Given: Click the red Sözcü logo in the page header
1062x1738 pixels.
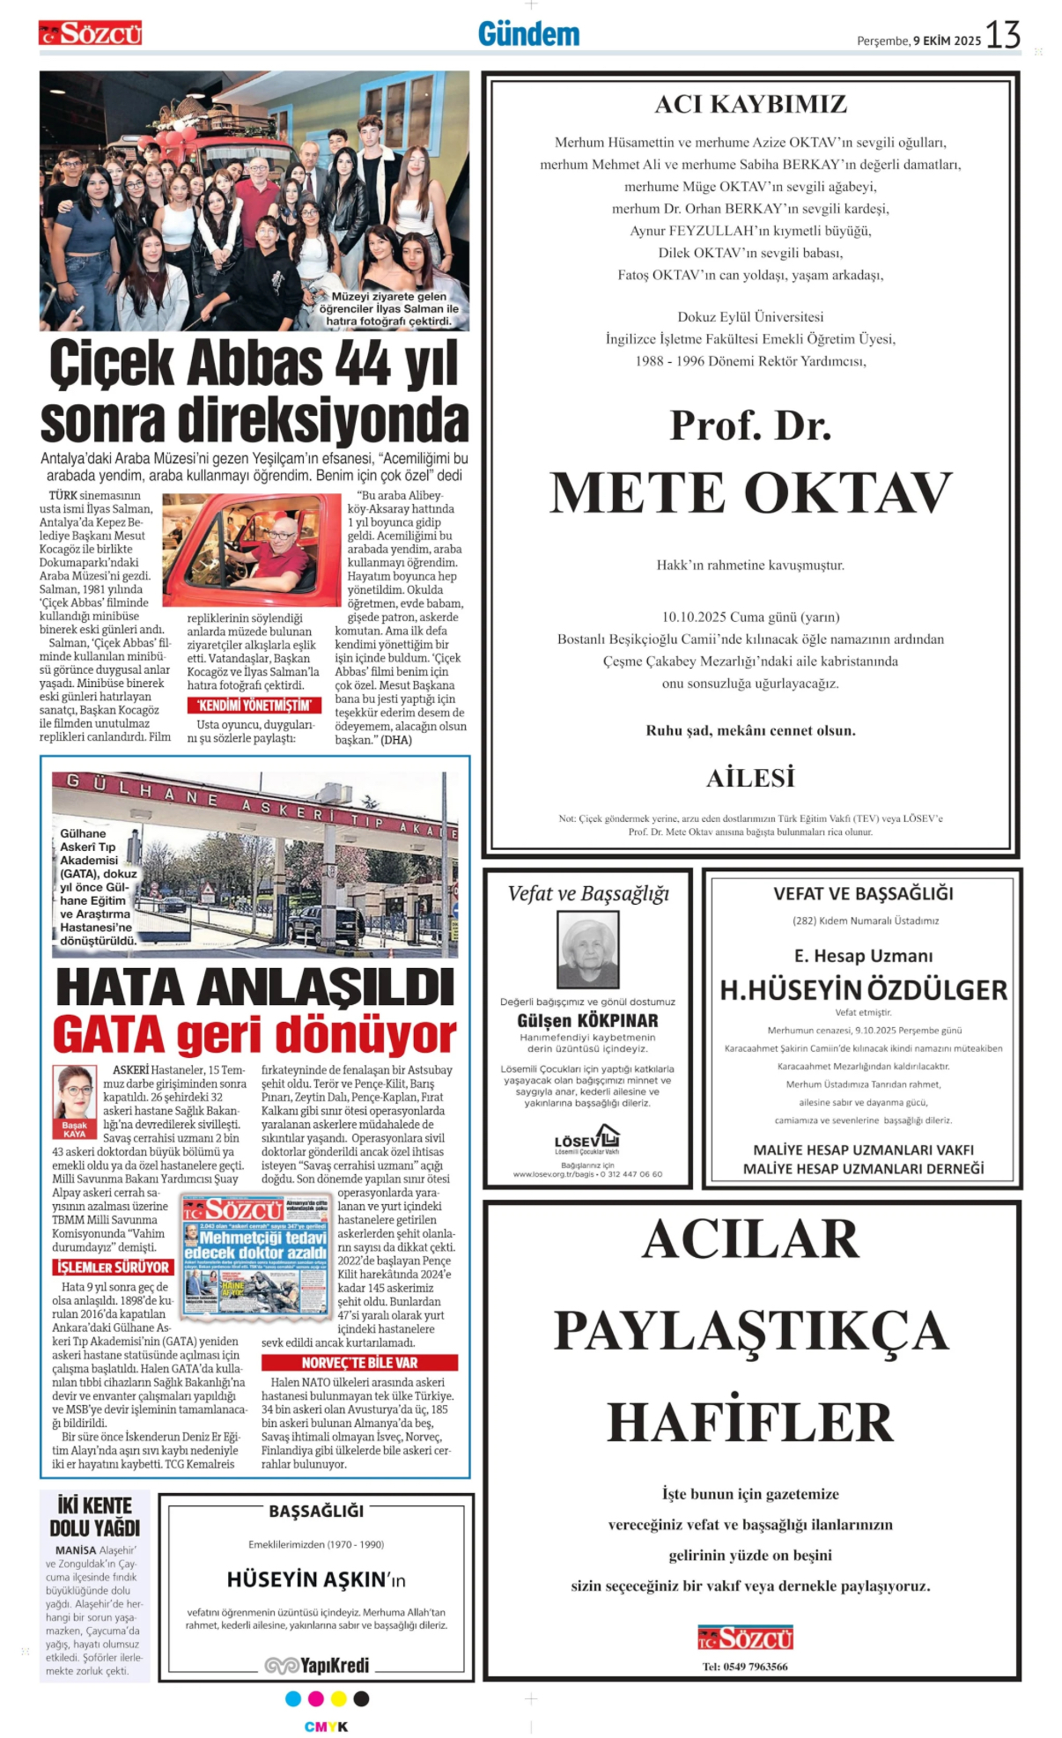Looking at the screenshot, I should pyautogui.click(x=90, y=34).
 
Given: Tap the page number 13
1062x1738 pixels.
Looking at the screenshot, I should pyautogui.click(x=1002, y=35).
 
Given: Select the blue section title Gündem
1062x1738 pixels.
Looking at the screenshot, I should pyautogui.click(x=528, y=34).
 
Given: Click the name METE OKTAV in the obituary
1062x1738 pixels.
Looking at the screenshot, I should pyautogui.click(x=750, y=492).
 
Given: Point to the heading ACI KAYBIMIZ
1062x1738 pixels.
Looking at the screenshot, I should pyautogui.click(x=750, y=105).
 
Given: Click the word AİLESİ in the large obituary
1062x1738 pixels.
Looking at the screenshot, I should pyautogui.click(x=750, y=778).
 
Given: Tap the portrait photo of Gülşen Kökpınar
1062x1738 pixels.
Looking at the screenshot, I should pyautogui.click(x=587, y=950).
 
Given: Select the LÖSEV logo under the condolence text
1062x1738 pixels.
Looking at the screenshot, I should pyautogui.click(x=587, y=1140).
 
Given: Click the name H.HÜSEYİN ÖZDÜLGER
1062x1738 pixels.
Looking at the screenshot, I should pyautogui.click(x=863, y=990).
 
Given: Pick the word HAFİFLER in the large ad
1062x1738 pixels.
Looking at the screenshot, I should pyautogui.click(x=750, y=1422).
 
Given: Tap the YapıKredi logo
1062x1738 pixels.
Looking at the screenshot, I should pyautogui.click(x=317, y=1665).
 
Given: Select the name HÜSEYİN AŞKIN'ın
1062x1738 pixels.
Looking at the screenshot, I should pyautogui.click(x=316, y=1579).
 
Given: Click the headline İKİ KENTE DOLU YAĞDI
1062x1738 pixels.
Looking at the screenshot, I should pyautogui.click(x=94, y=1517).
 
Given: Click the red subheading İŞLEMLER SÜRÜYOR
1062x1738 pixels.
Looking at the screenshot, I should pyautogui.click(x=113, y=1267).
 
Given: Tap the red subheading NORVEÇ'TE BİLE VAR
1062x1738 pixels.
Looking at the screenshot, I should pyautogui.click(x=359, y=1362).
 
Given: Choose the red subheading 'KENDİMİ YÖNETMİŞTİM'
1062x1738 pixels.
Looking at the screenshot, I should pyautogui.click(x=254, y=705).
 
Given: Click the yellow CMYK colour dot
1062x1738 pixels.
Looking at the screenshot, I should pyautogui.click(x=338, y=1698).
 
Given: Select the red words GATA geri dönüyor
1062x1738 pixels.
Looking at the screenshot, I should pyautogui.click(x=254, y=1034).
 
